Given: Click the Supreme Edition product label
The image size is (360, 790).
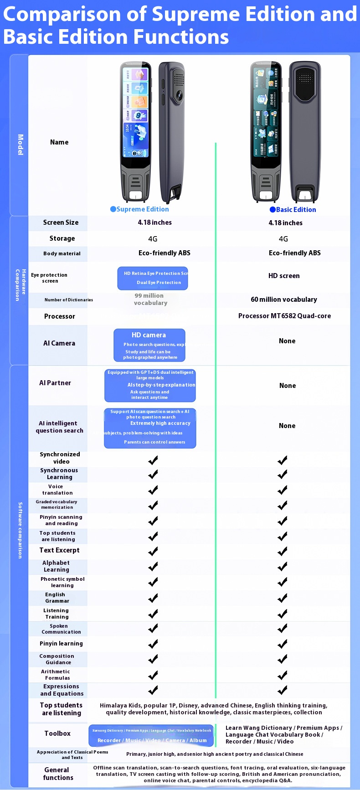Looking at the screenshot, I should [x=139, y=209].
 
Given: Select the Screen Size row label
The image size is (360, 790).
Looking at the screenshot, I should [x=61, y=222].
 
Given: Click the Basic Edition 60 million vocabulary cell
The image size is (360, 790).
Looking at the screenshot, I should [x=283, y=299].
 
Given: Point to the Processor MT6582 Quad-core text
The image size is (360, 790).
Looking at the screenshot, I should [x=284, y=316].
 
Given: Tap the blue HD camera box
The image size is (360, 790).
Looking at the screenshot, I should [x=149, y=345].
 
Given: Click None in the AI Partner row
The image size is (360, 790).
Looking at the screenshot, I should [x=287, y=386].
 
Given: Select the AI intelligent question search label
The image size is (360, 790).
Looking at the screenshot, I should [x=59, y=427].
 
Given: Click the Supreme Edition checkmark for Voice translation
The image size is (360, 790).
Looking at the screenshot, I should [x=153, y=490].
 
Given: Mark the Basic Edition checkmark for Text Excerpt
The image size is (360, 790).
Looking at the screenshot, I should [x=283, y=551].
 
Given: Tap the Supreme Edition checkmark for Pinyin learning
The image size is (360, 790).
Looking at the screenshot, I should [x=153, y=644].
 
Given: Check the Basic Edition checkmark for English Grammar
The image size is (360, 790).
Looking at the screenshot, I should [x=283, y=598].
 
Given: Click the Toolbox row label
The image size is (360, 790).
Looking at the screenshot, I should [x=57, y=733].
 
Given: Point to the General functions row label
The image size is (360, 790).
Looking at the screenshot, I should [x=58, y=774].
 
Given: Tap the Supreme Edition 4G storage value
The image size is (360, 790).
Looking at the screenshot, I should [x=153, y=239].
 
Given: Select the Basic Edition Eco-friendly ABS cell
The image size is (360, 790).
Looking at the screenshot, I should [x=294, y=253].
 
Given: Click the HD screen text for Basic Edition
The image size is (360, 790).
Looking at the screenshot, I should [x=284, y=276].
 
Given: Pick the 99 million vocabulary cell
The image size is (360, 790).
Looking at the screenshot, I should [x=150, y=299].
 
